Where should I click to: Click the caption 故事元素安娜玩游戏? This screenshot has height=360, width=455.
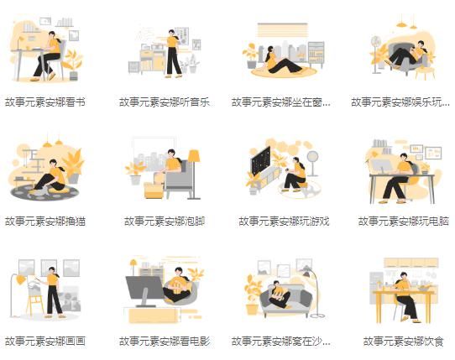(284, 222)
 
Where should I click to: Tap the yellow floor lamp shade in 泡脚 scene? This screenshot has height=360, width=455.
(194, 156)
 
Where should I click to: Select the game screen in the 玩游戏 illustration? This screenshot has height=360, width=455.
(261, 159)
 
